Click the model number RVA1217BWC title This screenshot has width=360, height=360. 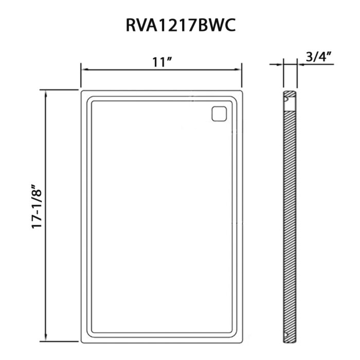pyautogui.click(x=181, y=25)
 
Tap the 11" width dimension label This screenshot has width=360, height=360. pyautogui.click(x=162, y=62)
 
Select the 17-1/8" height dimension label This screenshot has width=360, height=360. pyautogui.click(x=37, y=206)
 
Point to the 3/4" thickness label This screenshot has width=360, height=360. pyautogui.click(x=319, y=57)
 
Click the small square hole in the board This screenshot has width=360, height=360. pyautogui.click(x=219, y=114)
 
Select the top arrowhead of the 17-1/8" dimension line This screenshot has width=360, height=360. pyautogui.click(x=46, y=95)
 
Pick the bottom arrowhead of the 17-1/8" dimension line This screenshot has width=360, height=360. pyautogui.click(x=46, y=337)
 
